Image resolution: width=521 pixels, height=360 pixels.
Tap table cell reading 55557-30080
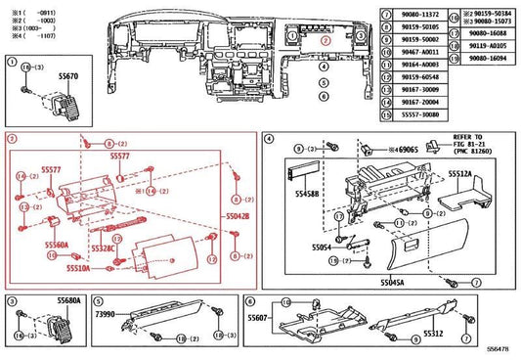click(408, 113)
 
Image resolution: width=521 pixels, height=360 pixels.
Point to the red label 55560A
click(56, 246)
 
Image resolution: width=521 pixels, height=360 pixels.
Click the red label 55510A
click(78, 267)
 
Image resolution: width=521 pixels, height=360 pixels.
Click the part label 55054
click(311, 248)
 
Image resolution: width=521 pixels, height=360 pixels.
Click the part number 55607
click(258, 318)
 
